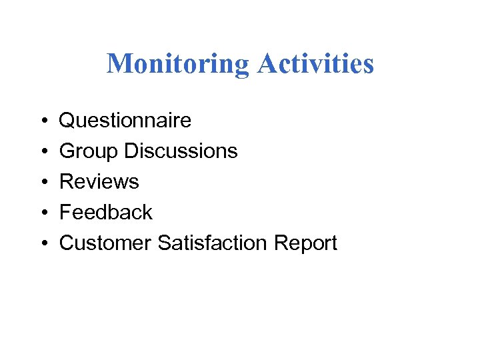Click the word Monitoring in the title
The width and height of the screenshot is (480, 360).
[x=178, y=65]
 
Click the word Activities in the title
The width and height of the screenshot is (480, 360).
[x=315, y=64]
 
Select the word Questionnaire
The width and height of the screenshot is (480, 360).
[x=125, y=121]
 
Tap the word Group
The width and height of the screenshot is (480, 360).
[x=89, y=151]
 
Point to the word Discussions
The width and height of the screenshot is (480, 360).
[x=181, y=151]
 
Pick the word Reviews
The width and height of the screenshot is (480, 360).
[x=99, y=181]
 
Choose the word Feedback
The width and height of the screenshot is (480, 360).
[x=106, y=212]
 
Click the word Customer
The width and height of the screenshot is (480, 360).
[x=105, y=243]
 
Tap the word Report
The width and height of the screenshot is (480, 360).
[x=307, y=243]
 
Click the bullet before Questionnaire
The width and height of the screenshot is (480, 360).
[x=42, y=121]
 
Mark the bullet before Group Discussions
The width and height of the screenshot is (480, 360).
[x=42, y=152]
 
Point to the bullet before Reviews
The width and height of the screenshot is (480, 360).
[x=42, y=182]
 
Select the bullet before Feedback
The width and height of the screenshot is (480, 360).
[x=42, y=213]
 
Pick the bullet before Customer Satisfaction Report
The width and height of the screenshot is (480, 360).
[x=42, y=243]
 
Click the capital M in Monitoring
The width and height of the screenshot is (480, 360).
[x=119, y=64]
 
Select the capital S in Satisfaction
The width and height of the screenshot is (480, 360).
[x=165, y=243]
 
